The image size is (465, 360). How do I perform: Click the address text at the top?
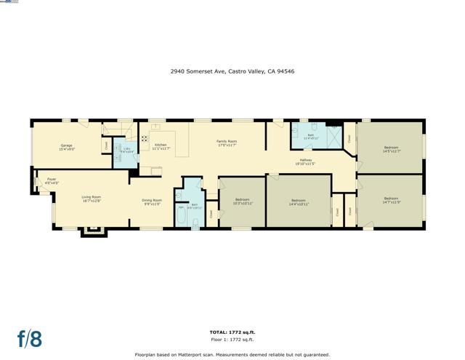232,71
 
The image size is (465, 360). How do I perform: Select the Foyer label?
52,180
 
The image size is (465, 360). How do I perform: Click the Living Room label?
91,199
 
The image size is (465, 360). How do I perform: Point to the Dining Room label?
152,201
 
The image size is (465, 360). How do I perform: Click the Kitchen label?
161,146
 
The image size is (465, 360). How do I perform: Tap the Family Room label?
227,143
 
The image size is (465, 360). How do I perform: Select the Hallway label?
306,162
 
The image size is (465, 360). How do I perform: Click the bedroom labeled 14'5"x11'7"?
392,149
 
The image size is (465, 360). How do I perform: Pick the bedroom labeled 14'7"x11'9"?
392,200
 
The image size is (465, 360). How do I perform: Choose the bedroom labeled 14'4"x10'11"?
299,202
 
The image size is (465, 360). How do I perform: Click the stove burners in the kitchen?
144,139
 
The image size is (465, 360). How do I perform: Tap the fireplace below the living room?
92,232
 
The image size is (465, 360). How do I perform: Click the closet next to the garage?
107,145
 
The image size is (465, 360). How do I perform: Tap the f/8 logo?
30,338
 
